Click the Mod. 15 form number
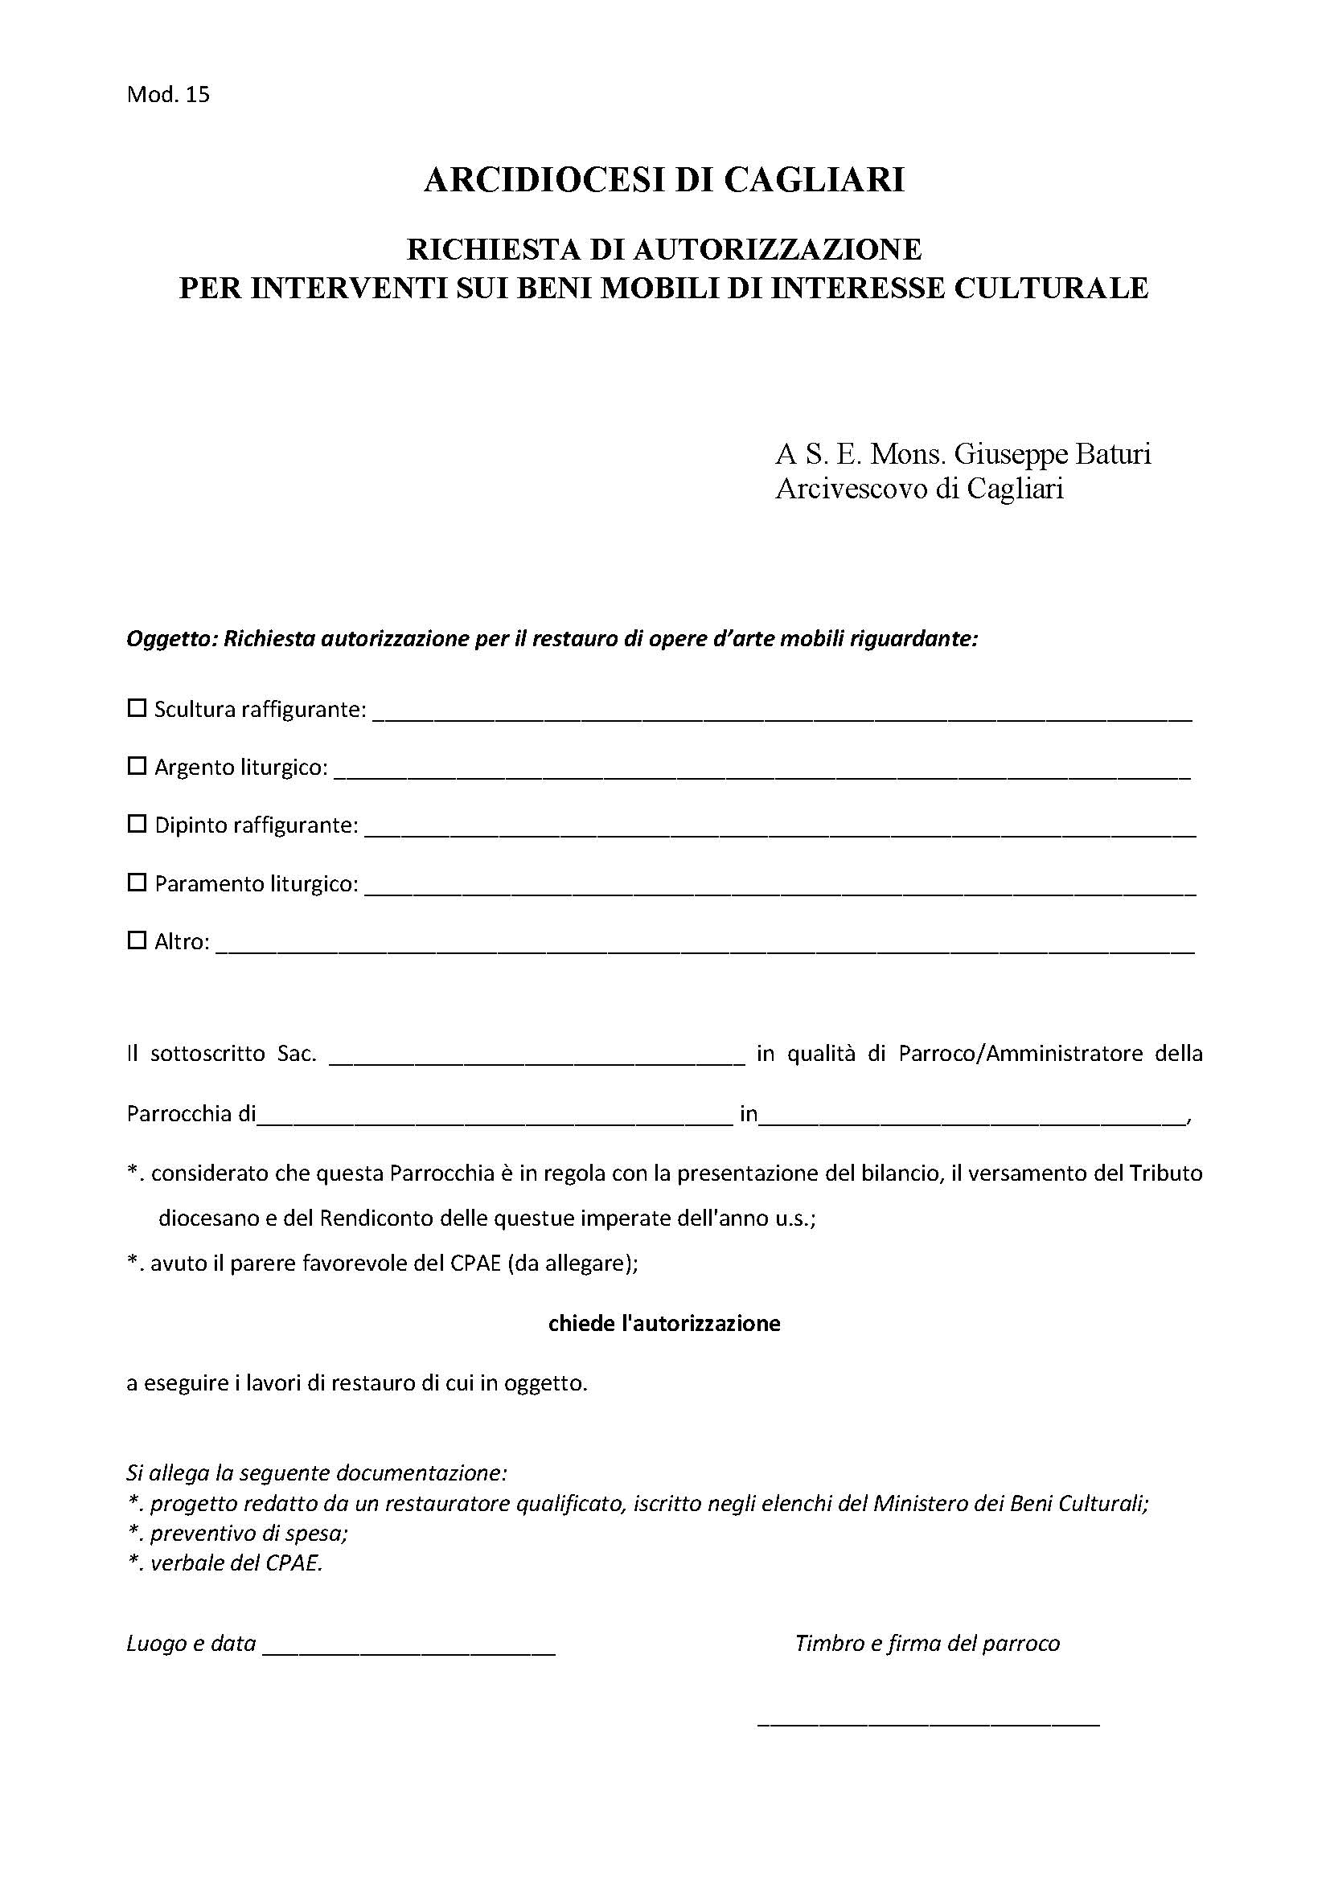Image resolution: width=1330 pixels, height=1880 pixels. click(168, 95)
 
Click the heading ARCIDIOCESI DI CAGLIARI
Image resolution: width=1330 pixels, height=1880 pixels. click(663, 180)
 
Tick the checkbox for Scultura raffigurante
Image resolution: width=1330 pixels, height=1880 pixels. click(137, 707)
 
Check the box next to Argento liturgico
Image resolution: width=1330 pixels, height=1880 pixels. click(137, 766)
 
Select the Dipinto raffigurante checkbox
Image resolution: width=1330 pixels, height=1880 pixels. click(137, 824)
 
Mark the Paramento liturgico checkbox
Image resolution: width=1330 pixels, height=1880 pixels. click(137, 883)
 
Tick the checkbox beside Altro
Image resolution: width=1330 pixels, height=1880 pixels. click(137, 940)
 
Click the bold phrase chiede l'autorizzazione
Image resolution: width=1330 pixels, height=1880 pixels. click(663, 1323)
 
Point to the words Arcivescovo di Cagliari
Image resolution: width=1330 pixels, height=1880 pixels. click(919, 489)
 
